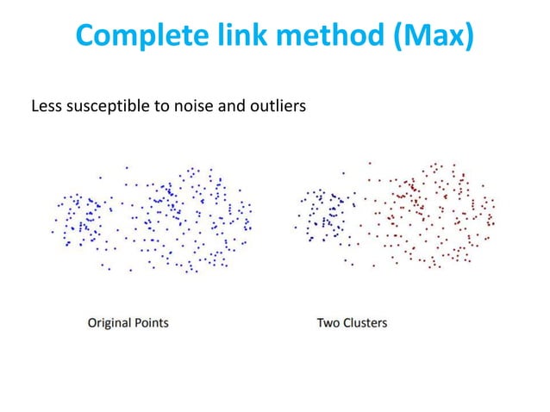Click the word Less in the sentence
click(45, 108)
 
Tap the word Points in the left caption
click(150, 323)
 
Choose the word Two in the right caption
click(328, 323)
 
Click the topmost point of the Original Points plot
click(128, 167)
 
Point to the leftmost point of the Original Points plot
click(53, 232)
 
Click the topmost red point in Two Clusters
click(370, 161)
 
